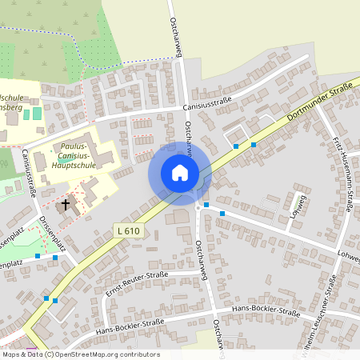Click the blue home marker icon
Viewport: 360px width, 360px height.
(180, 173)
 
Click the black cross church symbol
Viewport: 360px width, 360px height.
(65, 204)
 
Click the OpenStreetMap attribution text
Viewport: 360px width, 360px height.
(81, 354)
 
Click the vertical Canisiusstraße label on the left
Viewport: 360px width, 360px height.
(30, 172)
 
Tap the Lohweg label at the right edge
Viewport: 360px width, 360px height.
(349, 258)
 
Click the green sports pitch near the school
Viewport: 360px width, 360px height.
(37, 114)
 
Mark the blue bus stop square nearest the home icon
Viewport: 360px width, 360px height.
(206, 206)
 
